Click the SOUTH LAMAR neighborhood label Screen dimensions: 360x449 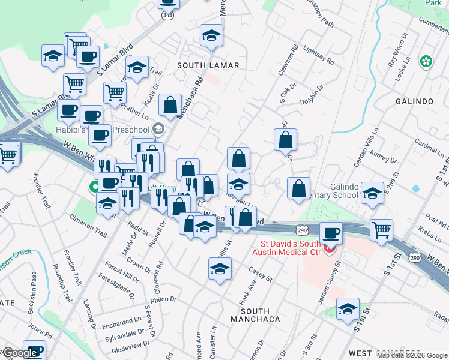click(x=208, y=65)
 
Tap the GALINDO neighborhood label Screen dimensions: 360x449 click(x=414, y=101)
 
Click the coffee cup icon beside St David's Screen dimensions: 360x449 click(x=330, y=233)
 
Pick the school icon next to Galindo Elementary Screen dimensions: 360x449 click(x=372, y=193)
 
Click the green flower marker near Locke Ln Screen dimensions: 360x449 click(x=426, y=61)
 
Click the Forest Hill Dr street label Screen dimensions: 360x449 click(x=127, y=275)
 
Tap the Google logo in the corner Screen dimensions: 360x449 click(x=20, y=353)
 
